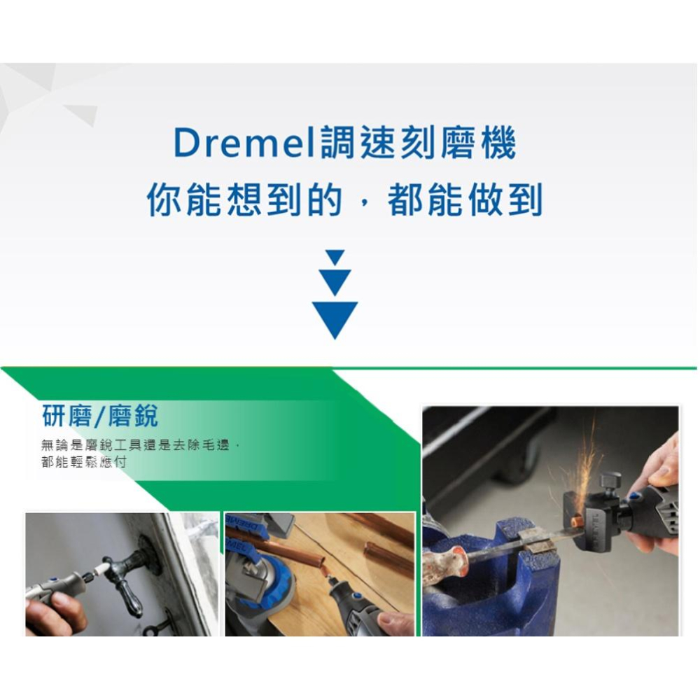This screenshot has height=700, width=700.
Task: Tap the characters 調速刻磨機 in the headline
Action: click(x=417, y=144)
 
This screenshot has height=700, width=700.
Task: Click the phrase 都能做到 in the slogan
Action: click(x=465, y=200)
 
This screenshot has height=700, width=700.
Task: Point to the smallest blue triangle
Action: click(x=335, y=257)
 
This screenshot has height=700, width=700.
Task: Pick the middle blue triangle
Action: click(x=335, y=281)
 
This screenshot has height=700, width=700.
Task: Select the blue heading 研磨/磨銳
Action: click(x=101, y=416)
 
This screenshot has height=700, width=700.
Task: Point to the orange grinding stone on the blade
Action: click(x=576, y=521)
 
